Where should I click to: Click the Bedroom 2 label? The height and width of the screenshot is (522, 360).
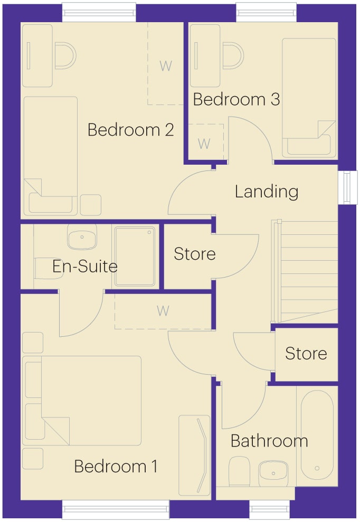tap(130, 130)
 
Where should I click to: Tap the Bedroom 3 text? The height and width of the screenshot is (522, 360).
tap(236, 99)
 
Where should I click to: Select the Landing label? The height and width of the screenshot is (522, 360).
tap(267, 192)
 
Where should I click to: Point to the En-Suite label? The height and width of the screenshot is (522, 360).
tap(85, 267)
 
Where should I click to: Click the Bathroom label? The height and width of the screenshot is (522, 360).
tap(269, 441)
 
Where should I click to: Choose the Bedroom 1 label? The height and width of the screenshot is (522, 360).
tap(116, 467)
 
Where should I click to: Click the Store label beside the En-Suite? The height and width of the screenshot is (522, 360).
tap(195, 254)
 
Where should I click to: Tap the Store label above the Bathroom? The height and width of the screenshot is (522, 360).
tap(306, 353)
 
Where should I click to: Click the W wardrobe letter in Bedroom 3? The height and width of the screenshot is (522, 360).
tap(204, 144)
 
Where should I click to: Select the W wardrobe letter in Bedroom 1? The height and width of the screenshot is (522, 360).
tap(163, 311)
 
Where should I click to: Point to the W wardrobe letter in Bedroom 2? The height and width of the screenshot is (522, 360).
tap(166, 66)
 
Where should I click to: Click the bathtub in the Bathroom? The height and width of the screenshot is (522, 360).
tap(317, 435)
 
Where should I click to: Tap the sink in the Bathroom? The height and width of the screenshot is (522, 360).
tap(273, 473)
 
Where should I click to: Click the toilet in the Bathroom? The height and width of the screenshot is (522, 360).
tap(240, 471)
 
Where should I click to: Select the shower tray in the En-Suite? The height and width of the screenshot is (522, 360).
tap(135, 256)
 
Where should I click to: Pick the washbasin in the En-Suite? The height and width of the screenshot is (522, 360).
tap(82, 237)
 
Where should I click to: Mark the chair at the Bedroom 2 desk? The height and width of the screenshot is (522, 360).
tap(65, 56)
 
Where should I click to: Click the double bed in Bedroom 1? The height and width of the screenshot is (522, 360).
tap(82, 401)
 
